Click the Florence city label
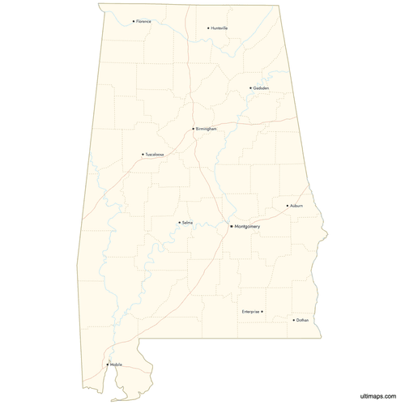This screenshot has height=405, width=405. tap(144, 21)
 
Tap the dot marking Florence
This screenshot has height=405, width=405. tap(134, 21)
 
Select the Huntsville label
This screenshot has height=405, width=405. tap(220, 28)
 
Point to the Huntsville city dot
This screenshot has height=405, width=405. tap(208, 28)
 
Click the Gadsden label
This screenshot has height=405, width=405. tap(261, 87)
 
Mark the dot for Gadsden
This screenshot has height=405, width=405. tap(250, 87)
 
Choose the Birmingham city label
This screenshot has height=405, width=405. tap(207, 129)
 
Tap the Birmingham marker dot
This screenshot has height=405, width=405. tap(193, 129)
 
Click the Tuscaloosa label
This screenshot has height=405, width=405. tap(155, 154)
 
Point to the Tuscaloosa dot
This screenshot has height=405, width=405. tap(143, 154)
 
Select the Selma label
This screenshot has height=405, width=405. tap(187, 222)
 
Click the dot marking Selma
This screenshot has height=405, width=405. tap(179, 222)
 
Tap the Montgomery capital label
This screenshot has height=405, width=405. tap(247, 227)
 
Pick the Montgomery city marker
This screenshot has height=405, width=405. tap(231, 227)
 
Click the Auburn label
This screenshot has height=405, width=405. tap(296, 206)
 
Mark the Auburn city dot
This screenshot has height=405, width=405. tap(287, 206)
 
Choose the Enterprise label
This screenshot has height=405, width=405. tap(250, 311)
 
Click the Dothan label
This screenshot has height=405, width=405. tap(302, 320)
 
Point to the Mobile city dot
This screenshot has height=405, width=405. tap(107, 364)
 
